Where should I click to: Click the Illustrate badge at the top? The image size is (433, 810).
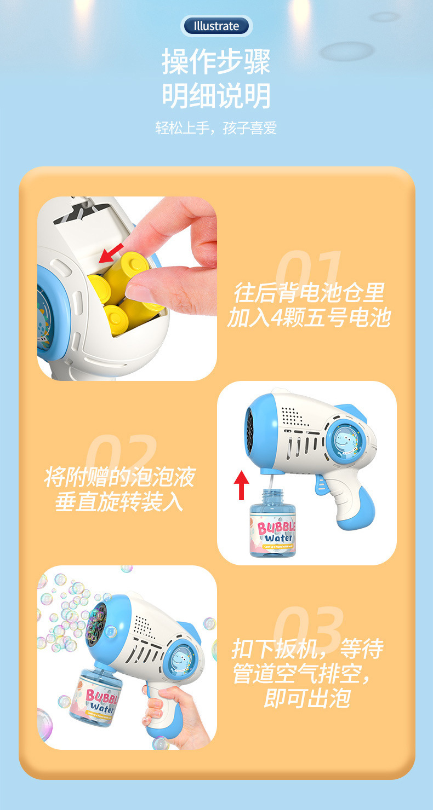point(216,26)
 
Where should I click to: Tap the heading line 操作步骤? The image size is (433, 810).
point(216,61)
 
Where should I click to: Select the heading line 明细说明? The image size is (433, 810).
point(216,96)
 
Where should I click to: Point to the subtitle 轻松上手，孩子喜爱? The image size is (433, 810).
point(216,129)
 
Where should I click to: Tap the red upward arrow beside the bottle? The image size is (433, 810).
point(242,485)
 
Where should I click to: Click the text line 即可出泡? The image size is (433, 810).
point(306,698)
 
